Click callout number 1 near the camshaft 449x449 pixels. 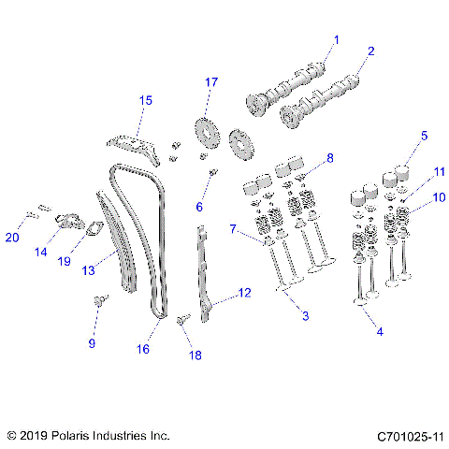(x=338, y=39)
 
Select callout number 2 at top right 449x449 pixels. (x=370, y=51)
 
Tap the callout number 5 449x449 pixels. (x=423, y=136)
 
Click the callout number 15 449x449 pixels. (x=146, y=100)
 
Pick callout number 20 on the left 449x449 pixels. (x=12, y=236)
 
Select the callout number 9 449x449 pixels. (x=92, y=343)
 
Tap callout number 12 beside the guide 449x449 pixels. (x=244, y=293)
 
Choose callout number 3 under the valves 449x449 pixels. (x=304, y=315)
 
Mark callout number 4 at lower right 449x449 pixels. (x=378, y=331)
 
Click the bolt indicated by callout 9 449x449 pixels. (x=99, y=300)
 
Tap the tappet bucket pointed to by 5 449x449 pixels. (x=404, y=172)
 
